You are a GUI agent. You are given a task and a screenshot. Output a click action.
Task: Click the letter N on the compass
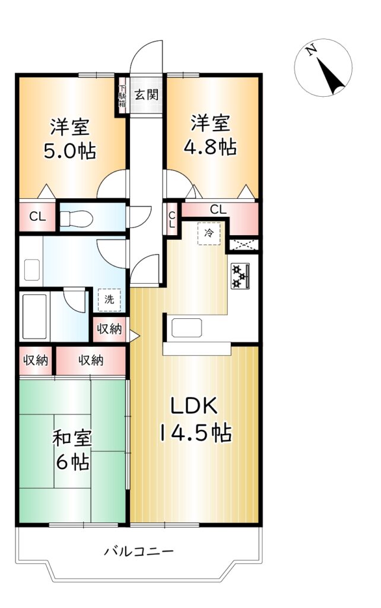311,50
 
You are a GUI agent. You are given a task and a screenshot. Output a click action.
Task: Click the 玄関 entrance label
146,94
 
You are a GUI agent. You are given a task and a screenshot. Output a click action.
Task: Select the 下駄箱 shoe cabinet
122,95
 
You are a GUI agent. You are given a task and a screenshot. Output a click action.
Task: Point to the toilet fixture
77,218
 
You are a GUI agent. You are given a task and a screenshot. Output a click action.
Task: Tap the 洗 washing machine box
109,300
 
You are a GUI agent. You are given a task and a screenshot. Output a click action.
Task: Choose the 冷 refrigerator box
209,233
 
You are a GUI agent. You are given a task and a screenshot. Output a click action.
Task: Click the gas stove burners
240,276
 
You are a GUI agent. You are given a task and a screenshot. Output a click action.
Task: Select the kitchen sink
187,328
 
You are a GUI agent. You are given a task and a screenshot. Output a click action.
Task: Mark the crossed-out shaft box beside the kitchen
243,245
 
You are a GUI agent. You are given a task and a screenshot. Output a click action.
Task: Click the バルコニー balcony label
138,550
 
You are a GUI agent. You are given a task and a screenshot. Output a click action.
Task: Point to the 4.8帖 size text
210,147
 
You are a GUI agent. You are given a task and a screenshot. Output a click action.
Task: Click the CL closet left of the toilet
37,217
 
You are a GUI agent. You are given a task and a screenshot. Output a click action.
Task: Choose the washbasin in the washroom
32,270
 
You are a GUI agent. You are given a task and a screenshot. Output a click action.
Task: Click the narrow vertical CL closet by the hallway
172,220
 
